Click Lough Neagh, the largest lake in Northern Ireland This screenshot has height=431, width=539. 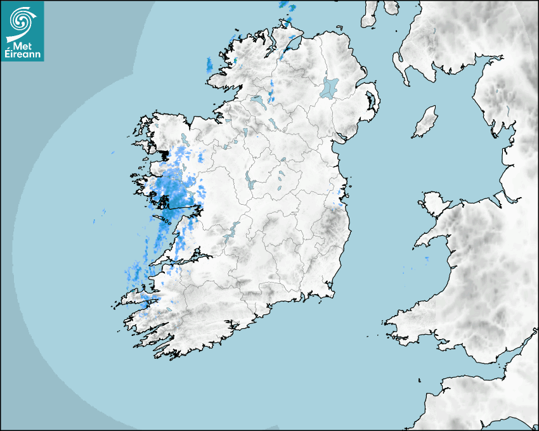coord(330,87)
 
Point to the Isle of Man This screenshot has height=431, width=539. coord(425,122)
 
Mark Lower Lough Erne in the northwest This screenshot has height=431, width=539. coord(257,100)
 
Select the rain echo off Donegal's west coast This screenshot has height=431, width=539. coord(209,64)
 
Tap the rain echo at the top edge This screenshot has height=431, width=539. coord(287,6)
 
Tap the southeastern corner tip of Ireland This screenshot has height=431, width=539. coord(332,293)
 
